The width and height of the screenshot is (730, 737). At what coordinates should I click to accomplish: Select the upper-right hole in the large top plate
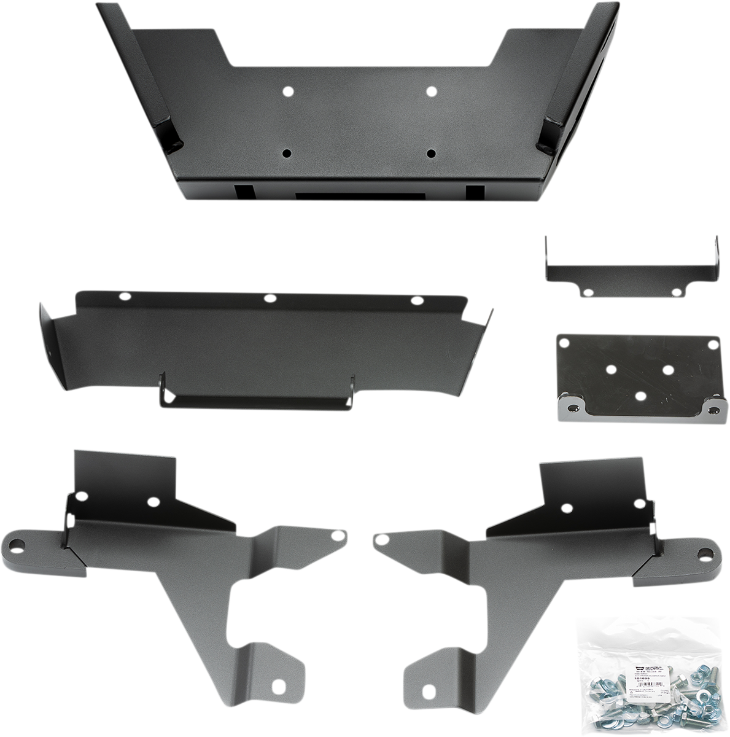click(x=431, y=91)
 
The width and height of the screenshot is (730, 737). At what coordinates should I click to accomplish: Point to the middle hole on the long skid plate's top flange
click(x=269, y=298)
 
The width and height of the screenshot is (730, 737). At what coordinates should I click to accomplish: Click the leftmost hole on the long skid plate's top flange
click(x=125, y=296)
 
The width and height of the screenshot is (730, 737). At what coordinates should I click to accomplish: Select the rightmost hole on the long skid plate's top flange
click(x=417, y=301)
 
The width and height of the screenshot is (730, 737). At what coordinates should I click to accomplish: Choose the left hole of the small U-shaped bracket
click(x=589, y=292)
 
